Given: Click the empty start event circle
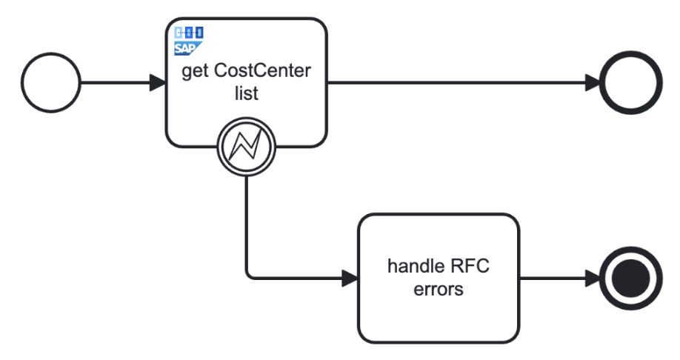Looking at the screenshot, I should pos(51,82).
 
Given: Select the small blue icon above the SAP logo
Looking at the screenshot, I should pos(188,33).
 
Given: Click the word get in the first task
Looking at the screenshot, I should pos(199,72).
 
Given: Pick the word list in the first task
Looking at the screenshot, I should pos(245,95).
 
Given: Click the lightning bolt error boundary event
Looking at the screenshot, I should pos(245,146).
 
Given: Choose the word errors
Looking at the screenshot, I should pos(439,289).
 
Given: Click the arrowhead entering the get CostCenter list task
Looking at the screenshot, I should pos(157,82).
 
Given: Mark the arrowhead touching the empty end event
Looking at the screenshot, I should pos(592,82).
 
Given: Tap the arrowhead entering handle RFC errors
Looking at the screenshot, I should pos(350,279).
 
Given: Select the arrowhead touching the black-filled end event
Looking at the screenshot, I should pos(592,279).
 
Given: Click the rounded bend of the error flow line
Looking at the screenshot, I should pos(248,276).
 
